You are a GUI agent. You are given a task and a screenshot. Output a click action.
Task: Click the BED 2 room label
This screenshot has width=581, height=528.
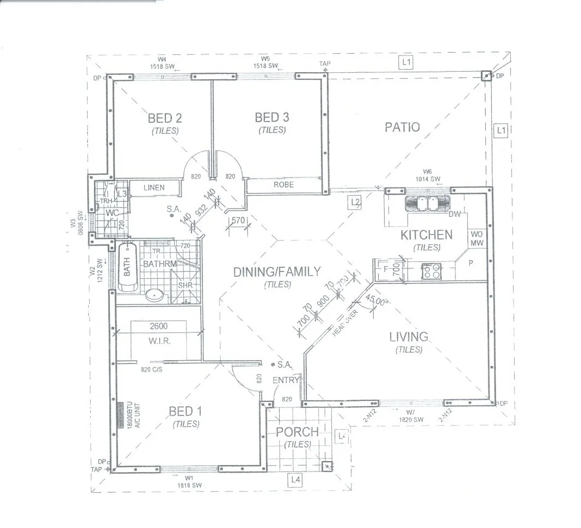pos(165,118)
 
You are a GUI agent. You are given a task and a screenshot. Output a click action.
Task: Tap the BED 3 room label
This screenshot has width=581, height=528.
pos(272,117)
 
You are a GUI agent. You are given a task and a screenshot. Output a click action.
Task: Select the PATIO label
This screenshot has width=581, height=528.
pos(402,127)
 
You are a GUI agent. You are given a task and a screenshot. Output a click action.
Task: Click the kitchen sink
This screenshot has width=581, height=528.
pos(427,203)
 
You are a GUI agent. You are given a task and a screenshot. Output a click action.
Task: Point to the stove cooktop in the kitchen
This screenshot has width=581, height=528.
pos(431,271)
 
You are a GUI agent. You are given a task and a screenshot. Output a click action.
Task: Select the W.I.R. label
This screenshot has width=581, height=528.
pos(159,341)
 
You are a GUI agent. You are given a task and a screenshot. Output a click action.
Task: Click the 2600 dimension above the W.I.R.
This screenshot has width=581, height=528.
pos(158,326)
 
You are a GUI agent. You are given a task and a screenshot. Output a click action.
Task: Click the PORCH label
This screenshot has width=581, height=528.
pos(297,432)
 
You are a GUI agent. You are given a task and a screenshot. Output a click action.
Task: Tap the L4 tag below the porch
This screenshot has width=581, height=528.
pos(295,479)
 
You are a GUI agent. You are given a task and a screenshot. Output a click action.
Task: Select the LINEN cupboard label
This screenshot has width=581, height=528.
pos(154,188)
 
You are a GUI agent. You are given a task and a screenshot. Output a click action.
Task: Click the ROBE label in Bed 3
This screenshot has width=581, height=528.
pos(283,185)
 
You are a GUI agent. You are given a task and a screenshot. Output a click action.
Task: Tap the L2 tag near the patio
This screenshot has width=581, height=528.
pos(355,202)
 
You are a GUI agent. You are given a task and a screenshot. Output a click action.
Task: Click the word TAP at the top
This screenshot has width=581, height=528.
pos(325,64)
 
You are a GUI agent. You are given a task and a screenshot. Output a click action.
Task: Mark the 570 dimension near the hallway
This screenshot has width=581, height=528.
pos(238,221)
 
